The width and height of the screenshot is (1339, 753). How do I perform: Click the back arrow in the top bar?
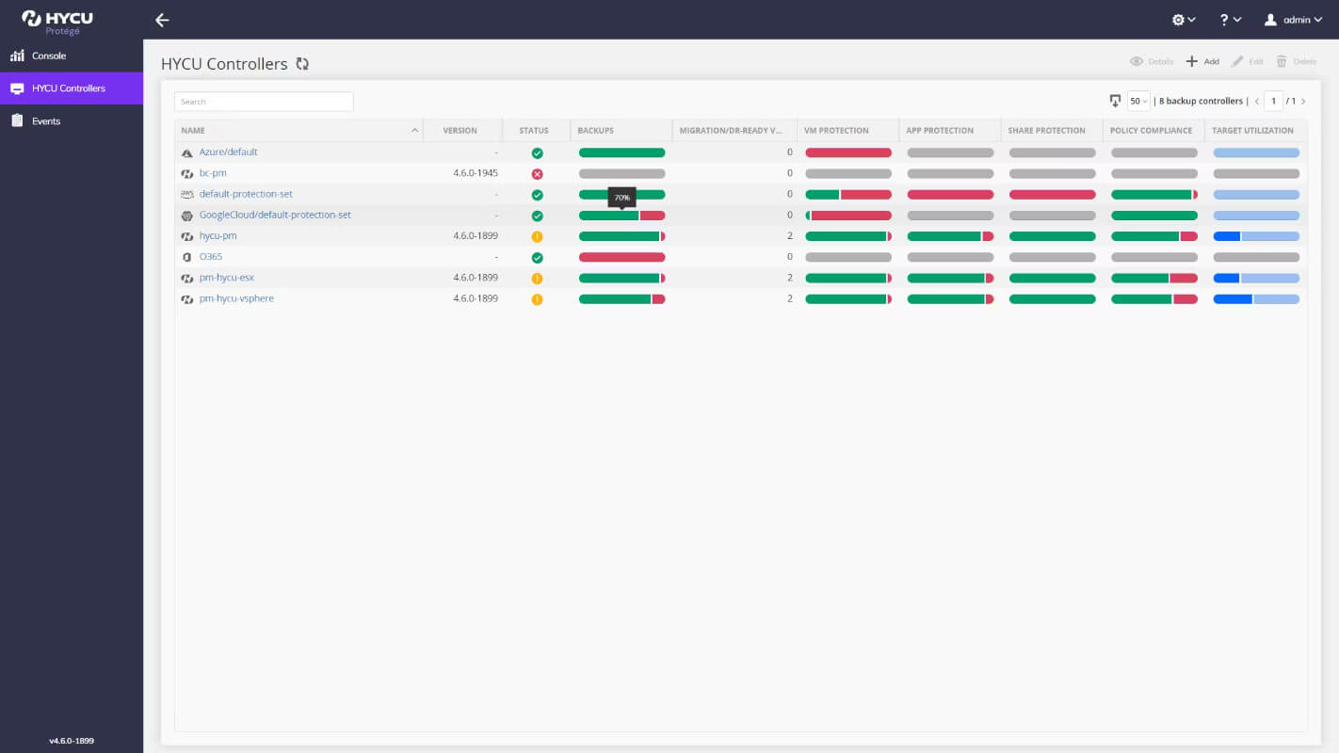click(x=162, y=21)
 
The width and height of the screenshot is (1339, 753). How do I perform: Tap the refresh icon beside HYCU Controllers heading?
click(x=302, y=64)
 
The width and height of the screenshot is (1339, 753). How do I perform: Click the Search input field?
click(x=264, y=102)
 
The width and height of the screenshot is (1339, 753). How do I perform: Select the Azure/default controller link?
click(x=229, y=152)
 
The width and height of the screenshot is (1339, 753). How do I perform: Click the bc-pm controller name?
click(x=213, y=172)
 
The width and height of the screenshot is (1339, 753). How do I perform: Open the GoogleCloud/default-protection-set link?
click(x=275, y=215)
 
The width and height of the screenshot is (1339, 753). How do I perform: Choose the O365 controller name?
click(x=210, y=256)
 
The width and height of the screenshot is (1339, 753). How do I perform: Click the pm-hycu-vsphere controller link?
click(x=236, y=298)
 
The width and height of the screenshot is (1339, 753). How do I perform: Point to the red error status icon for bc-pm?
click(x=538, y=174)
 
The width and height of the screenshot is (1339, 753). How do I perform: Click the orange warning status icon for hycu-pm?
click(x=538, y=236)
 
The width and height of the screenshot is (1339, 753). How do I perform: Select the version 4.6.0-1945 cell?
click(x=476, y=172)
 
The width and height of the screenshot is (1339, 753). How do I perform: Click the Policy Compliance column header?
click(x=1151, y=130)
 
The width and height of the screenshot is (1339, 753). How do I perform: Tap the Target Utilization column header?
click(x=1252, y=130)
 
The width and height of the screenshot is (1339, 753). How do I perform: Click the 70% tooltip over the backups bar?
click(x=621, y=198)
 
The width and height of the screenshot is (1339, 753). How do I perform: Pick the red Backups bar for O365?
click(x=621, y=257)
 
